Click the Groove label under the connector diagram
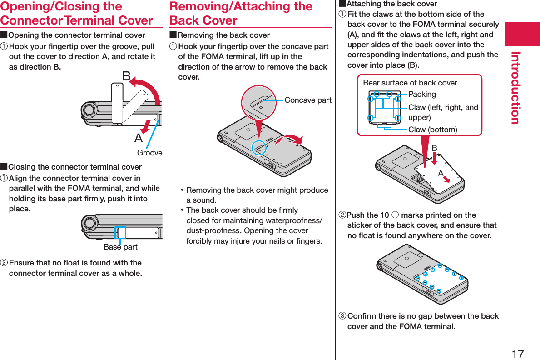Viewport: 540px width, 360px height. (149, 153)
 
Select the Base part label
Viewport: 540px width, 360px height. (120, 247)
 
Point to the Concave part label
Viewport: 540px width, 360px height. (308, 100)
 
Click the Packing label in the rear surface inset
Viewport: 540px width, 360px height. (422, 94)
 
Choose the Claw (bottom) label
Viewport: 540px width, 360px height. (432, 130)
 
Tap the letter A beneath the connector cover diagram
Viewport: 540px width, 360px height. (138, 138)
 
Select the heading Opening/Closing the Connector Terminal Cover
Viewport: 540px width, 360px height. (76, 14)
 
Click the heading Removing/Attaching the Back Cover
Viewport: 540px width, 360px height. (241, 14)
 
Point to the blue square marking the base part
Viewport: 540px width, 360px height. (121, 232)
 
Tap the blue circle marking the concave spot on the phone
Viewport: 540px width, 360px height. (259, 147)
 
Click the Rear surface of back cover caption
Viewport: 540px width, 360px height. (410, 83)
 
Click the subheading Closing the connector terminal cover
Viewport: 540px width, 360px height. (75, 167)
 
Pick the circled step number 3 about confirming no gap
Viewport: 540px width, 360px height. (342, 316)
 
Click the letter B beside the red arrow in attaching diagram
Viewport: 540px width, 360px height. (434, 148)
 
